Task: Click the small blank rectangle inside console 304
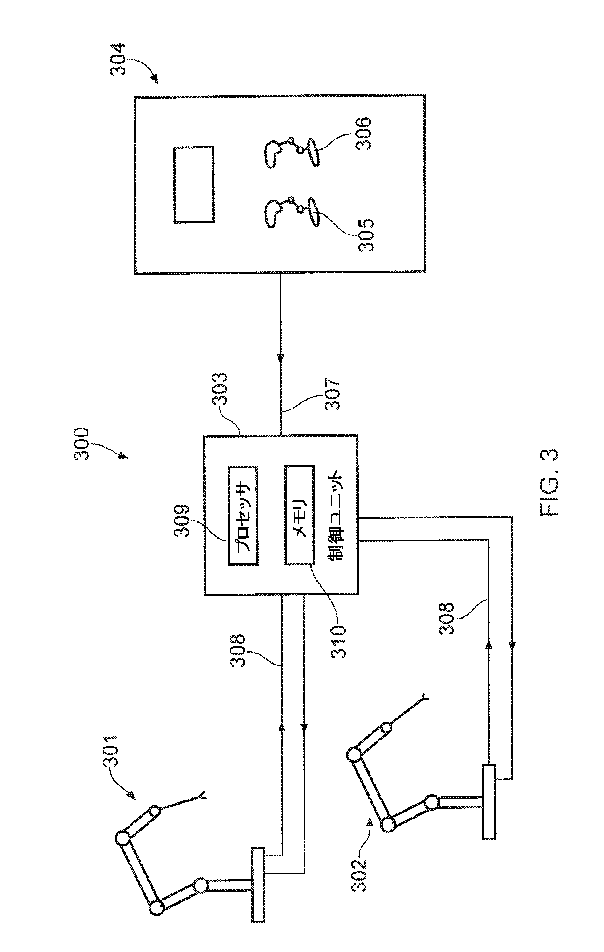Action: pyautogui.click(x=194, y=185)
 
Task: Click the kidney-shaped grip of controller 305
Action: pyautogui.click(x=273, y=214)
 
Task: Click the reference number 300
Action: pyautogui.click(x=82, y=444)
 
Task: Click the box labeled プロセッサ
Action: pyautogui.click(x=243, y=515)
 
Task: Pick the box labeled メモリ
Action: pyautogui.click(x=299, y=515)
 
